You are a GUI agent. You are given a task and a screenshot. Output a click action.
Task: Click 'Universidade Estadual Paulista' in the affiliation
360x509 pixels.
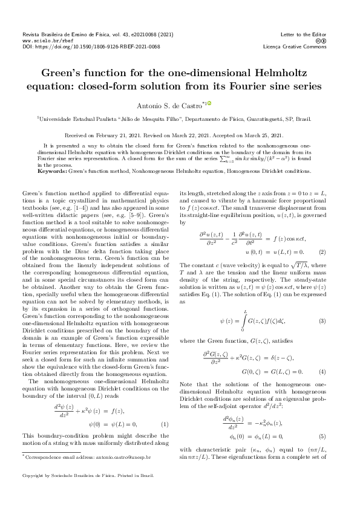[x=79, y=120]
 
